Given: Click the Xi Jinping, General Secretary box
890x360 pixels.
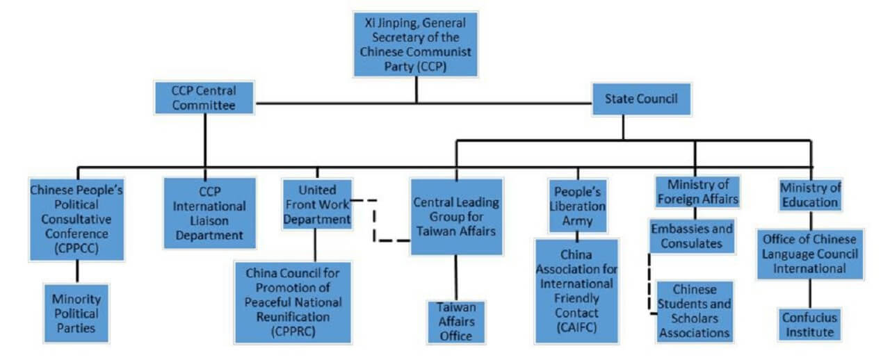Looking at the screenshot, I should point(416,43).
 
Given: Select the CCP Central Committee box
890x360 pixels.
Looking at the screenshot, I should point(204,98).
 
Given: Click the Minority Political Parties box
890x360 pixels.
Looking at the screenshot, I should point(76,312).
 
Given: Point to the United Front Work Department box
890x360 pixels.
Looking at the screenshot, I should point(316,204).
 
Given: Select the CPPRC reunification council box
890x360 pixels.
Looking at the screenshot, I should point(293,301).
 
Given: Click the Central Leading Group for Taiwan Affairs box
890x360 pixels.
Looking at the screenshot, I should point(456,216).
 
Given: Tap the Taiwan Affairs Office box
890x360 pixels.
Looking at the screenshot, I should point(456,320).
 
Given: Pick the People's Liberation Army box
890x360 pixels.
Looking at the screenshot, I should point(578,206).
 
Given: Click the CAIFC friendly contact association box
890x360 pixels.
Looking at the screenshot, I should point(576,291).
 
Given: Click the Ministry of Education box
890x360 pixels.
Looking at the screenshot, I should point(810,195).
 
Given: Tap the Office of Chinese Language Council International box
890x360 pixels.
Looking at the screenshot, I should point(810,254).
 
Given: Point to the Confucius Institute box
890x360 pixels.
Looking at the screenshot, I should point(809,324).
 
